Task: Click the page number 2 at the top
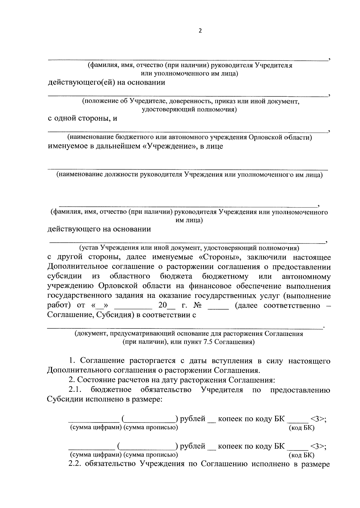pyautogui.click(x=200, y=31)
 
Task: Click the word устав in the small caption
pyautogui.click(x=88, y=248)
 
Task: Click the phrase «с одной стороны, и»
pyautogui.click(x=82, y=118)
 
